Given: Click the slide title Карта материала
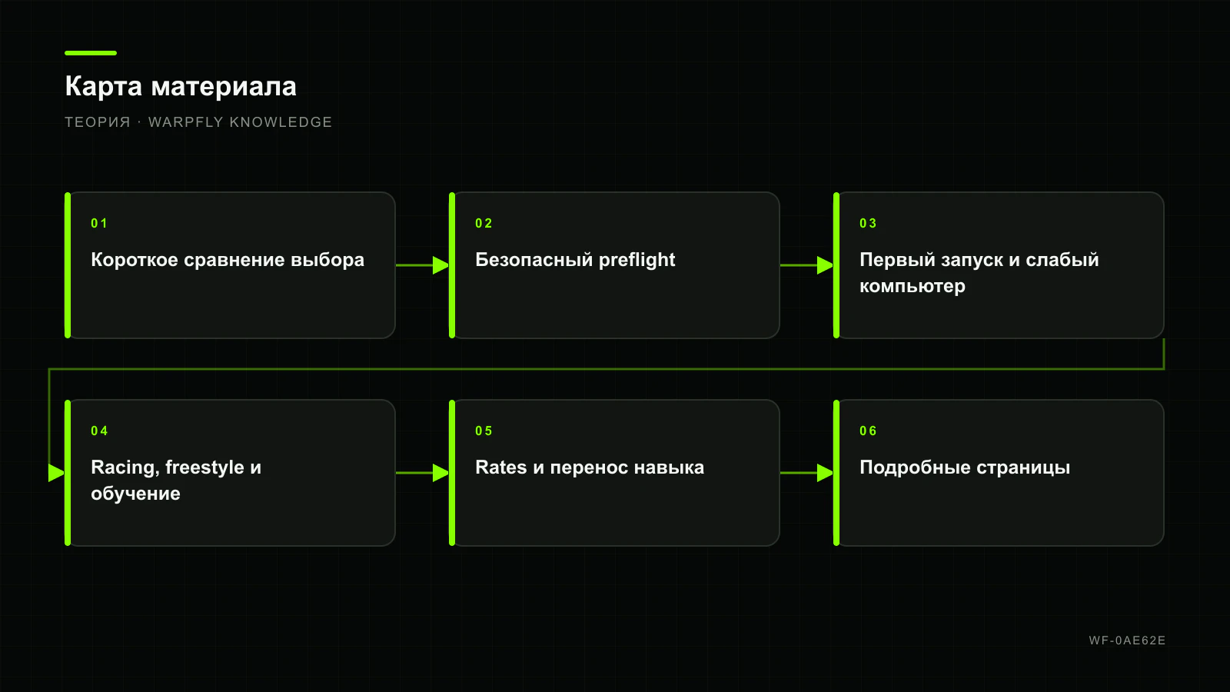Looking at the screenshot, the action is coord(181,87).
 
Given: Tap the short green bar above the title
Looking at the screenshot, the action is coord(91,53).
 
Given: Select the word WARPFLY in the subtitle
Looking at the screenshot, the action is coord(185,122).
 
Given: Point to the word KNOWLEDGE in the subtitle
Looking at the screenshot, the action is coord(281,122).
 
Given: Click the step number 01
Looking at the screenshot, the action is coord(99,223).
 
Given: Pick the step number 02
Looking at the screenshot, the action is coord(484,223).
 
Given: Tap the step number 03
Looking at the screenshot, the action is coord(868,223).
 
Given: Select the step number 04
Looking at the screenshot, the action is coord(99,431).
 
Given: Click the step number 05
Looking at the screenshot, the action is coord(484,431).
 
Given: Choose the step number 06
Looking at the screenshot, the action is coord(868,431).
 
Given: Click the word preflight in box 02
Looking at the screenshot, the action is coord(637,261).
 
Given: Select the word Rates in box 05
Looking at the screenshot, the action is coord(500,467).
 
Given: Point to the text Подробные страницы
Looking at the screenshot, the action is coord(965,467).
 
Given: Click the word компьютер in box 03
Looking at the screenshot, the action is coord(912,286).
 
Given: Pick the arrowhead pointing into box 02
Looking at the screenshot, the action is coord(441,265).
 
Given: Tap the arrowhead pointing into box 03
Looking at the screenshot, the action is coord(826,265).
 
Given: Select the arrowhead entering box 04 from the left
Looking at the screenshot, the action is coord(57,473).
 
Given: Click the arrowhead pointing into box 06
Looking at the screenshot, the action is coord(826,473).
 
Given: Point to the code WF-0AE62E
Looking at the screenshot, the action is coord(1127,640).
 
